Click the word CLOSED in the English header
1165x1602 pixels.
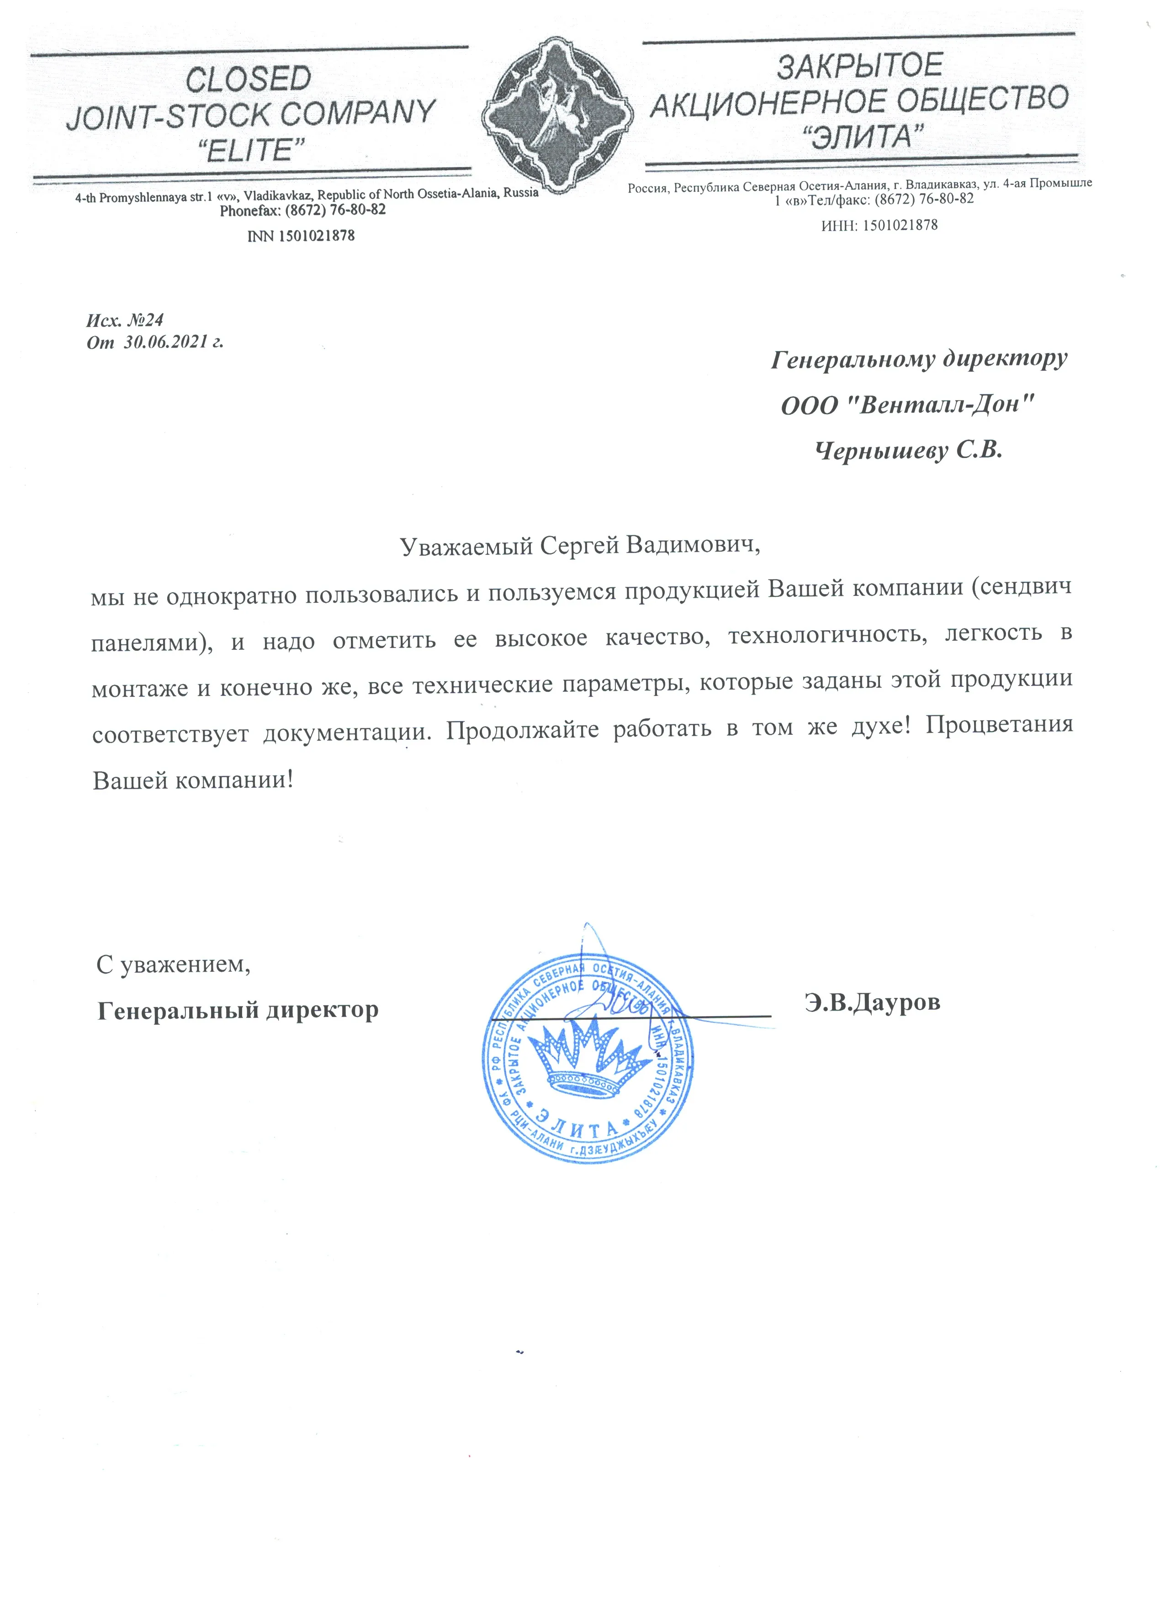click(248, 79)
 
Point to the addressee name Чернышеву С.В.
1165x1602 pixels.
click(909, 451)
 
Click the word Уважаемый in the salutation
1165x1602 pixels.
click(466, 546)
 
